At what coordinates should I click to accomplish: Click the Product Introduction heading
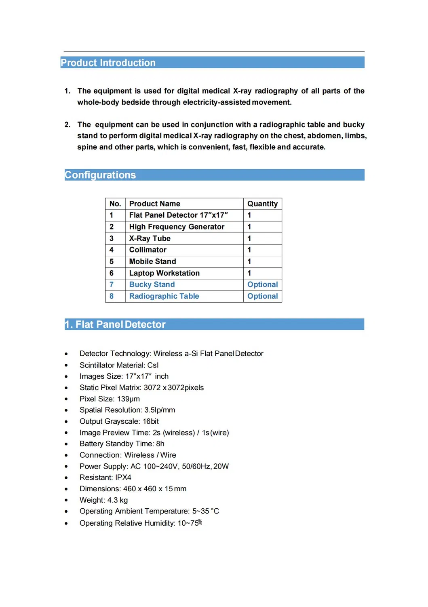pos(108,63)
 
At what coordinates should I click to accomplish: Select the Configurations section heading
pos(100,175)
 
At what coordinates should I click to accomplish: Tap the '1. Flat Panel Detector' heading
pos(115,325)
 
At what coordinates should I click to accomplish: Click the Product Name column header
pos(155,204)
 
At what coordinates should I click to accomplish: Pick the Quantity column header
pos(262,204)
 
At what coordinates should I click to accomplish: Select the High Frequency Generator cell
pos(177,227)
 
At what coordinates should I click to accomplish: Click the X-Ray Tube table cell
pos(150,238)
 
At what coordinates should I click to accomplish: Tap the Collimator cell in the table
pos(148,250)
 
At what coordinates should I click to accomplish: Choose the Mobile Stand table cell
pos(153,261)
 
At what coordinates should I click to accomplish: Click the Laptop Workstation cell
pos(164,273)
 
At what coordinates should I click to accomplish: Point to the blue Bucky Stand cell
pos(152,284)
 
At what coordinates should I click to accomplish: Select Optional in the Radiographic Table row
pos(262,296)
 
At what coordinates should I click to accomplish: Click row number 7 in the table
pos(112,284)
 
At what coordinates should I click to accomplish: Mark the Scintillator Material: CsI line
pos(119,365)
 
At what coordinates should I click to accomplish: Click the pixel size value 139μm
pos(128,399)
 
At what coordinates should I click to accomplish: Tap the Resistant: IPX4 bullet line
pos(105,478)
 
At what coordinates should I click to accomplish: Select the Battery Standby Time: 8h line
pos(122,444)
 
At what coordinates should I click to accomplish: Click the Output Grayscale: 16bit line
pos(119,421)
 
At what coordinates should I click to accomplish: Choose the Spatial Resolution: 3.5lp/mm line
pos(127,410)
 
